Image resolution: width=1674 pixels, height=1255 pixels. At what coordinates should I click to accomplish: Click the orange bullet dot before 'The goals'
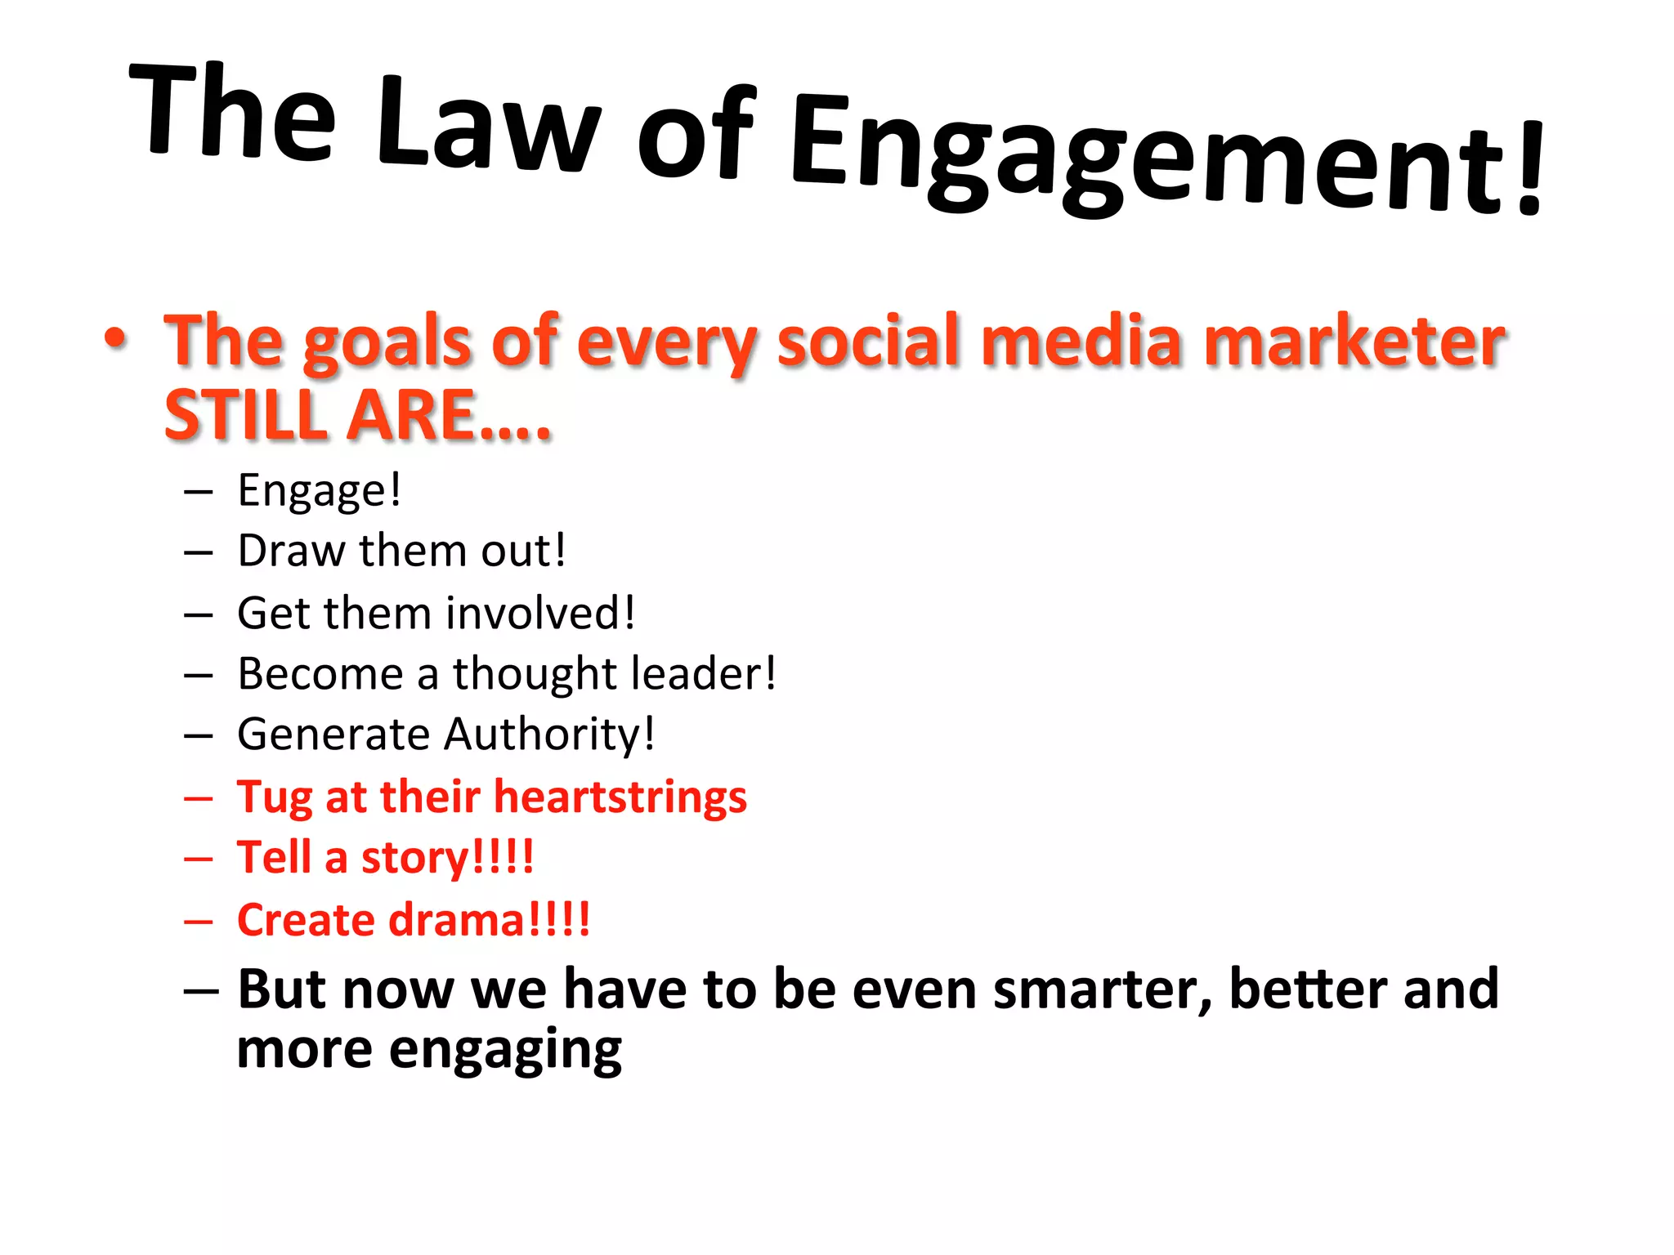[x=116, y=340]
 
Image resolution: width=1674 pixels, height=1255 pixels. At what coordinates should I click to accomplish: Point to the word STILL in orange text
[x=246, y=415]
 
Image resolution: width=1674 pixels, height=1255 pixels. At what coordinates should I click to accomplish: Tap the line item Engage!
[x=319, y=490]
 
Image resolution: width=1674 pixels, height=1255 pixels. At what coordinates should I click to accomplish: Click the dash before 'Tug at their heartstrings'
[x=199, y=797]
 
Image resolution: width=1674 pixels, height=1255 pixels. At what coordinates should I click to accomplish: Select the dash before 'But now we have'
[x=200, y=991]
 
